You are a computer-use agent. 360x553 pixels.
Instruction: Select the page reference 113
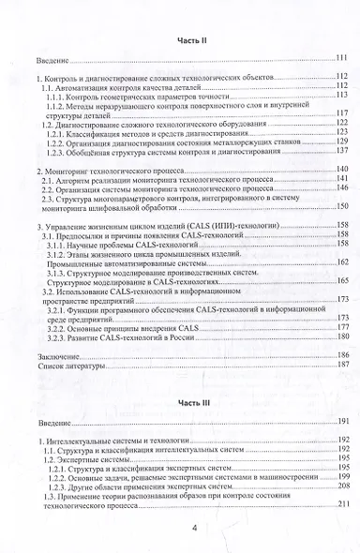pos(341,96)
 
